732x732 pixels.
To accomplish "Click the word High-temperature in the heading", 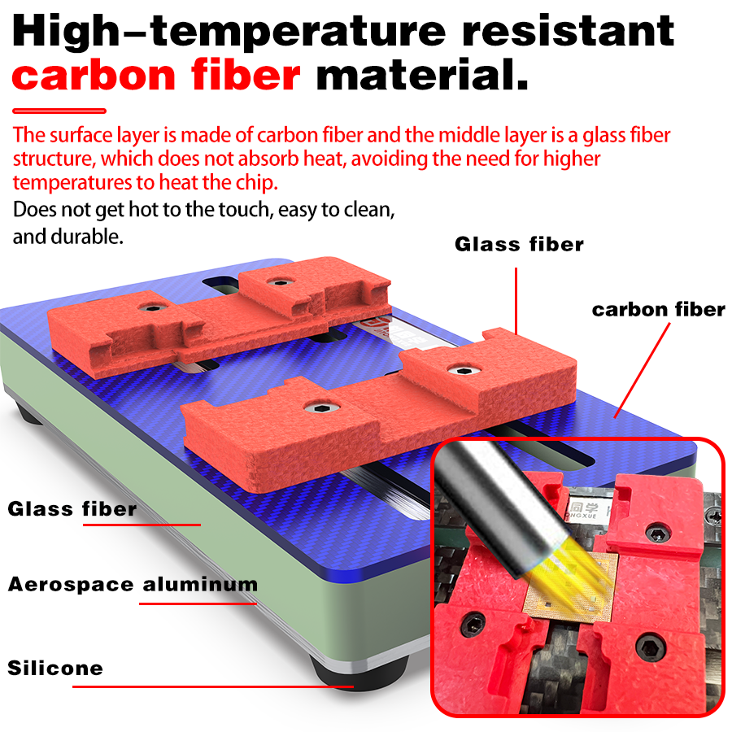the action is click(x=229, y=32).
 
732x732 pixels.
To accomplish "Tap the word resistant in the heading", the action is click(x=569, y=31).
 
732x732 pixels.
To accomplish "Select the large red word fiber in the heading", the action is click(x=246, y=75).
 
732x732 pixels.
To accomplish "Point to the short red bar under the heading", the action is click(x=59, y=111).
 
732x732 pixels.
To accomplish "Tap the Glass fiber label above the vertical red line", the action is click(x=519, y=244).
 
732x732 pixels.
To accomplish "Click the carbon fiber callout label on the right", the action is click(x=659, y=310).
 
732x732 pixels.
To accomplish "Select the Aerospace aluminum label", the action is click(x=133, y=584).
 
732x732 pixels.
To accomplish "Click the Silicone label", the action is click(x=55, y=668).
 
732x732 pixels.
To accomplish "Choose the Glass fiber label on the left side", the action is click(x=72, y=509).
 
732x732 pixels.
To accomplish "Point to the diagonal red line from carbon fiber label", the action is click(x=642, y=370).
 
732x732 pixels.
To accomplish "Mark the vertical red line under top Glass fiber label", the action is click(x=516, y=301).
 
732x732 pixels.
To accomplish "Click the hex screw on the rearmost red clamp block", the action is click(x=279, y=282).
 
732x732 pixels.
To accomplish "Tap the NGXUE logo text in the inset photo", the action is click(x=582, y=516).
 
